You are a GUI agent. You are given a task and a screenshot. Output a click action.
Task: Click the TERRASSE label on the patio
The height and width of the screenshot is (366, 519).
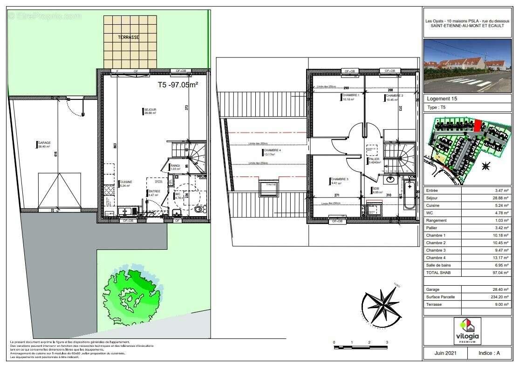point(128,37)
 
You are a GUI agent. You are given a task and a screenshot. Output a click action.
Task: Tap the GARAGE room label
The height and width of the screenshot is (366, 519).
point(45,143)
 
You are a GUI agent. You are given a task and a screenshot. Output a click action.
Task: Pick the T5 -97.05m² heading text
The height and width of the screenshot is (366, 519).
point(178,85)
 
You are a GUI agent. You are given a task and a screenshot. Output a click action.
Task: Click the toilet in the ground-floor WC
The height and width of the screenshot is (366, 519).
point(200,210)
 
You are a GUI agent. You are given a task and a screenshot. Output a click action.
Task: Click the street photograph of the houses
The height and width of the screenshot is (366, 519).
point(469,65)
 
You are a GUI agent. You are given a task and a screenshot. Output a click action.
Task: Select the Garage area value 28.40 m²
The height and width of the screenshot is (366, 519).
point(502,289)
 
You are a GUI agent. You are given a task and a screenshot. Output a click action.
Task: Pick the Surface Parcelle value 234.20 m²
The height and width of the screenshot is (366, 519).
point(501,297)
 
